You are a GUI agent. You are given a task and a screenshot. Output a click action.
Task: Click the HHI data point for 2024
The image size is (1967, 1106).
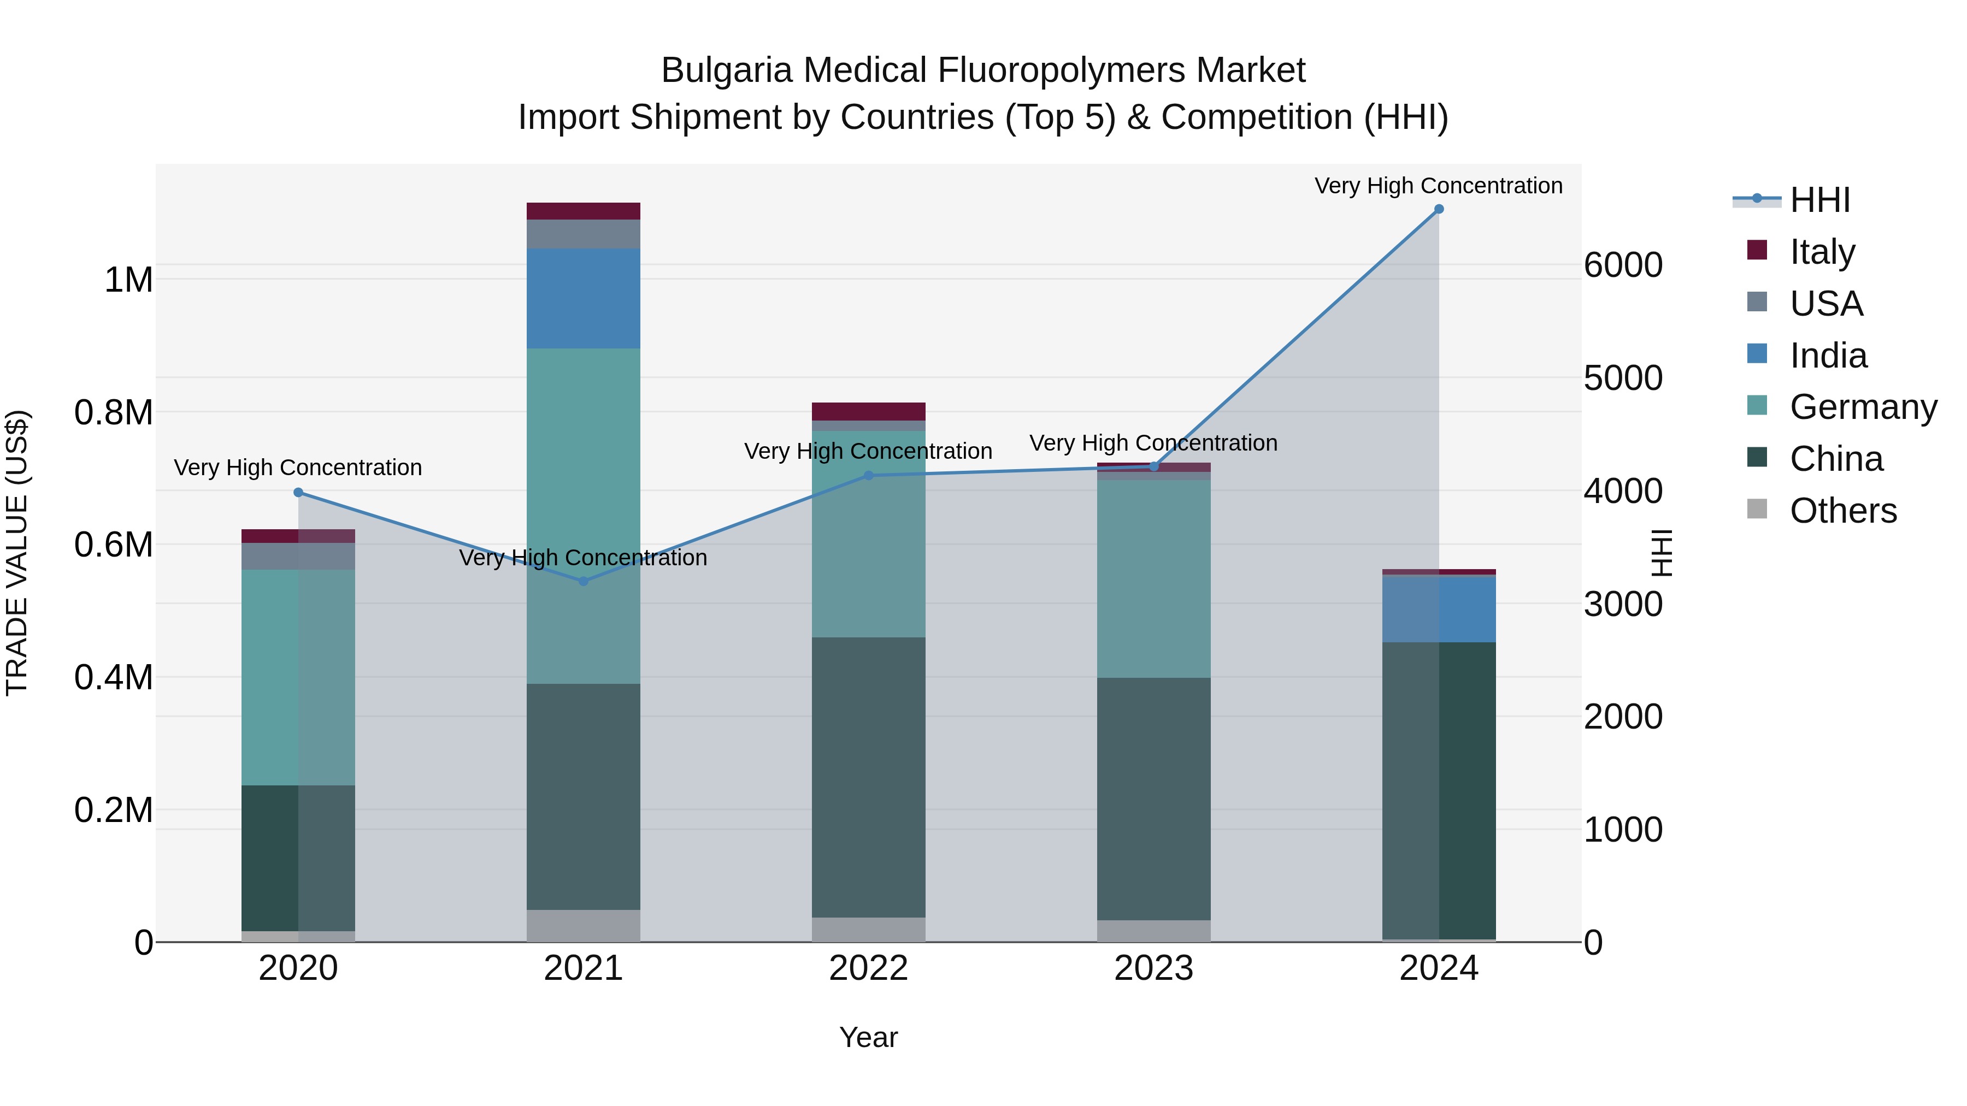[x=1439, y=209]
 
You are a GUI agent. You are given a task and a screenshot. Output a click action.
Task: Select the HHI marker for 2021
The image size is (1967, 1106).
[x=584, y=582]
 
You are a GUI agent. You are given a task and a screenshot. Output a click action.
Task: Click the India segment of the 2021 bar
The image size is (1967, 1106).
[x=584, y=298]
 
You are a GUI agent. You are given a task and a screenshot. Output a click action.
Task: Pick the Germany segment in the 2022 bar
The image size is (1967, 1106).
[x=868, y=534]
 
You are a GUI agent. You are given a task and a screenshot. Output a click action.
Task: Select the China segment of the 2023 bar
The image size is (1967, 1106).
[x=1154, y=799]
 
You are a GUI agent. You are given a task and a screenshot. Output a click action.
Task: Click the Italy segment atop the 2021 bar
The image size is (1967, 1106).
[x=584, y=211]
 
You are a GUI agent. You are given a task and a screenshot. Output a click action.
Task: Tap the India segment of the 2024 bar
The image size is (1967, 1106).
[x=1439, y=609]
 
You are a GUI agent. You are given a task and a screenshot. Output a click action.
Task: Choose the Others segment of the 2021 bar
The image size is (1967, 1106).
[x=584, y=926]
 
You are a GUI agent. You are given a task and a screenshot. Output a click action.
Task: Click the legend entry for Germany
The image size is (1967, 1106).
[x=1863, y=407]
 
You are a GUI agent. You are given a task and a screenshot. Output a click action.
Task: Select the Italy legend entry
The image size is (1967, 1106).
[x=1822, y=252]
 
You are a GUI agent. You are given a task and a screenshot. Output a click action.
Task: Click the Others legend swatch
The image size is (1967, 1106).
[x=1757, y=509]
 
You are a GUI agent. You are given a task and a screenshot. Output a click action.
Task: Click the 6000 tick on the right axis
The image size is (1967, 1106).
[x=1623, y=265]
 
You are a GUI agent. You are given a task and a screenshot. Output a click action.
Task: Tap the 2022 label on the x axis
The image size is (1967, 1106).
[x=868, y=968]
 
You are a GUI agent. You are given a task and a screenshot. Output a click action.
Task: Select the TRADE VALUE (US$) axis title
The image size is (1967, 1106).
[x=17, y=553]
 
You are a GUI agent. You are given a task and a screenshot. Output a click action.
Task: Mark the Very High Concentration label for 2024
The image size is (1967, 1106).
[x=1439, y=186]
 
